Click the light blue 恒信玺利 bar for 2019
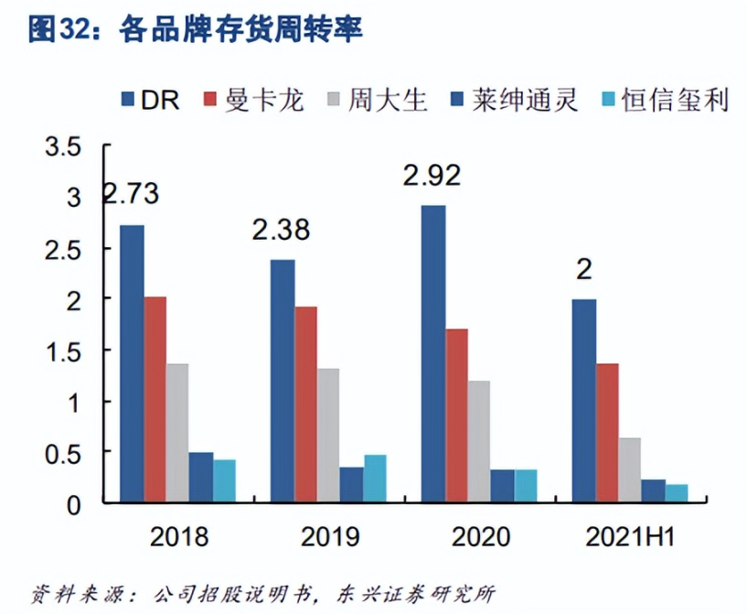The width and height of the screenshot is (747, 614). tap(375, 479)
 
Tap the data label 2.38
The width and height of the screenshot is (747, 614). tap(281, 229)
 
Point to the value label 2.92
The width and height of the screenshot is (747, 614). tap(432, 175)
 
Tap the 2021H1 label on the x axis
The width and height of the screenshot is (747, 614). tap(629, 536)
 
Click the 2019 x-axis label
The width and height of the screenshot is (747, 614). tap(329, 536)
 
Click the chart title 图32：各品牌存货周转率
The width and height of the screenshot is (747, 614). tap(196, 29)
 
